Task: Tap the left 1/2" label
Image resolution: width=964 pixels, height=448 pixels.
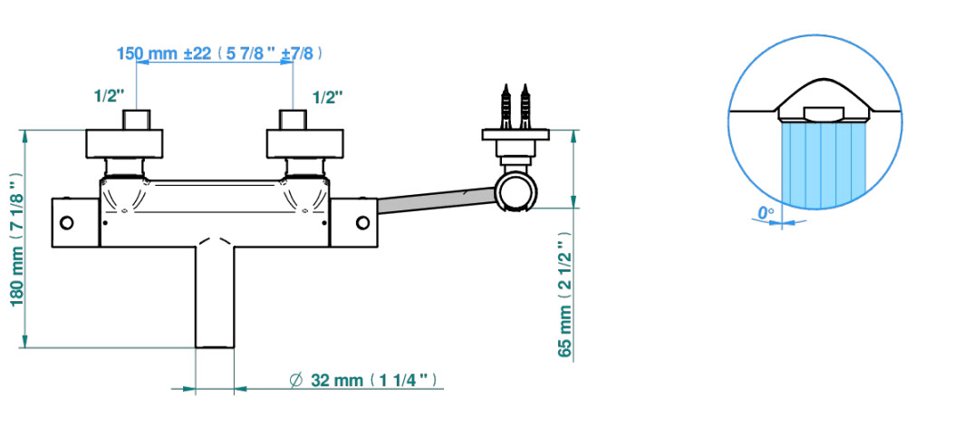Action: click(x=109, y=96)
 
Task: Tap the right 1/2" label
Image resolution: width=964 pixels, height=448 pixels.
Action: click(x=328, y=97)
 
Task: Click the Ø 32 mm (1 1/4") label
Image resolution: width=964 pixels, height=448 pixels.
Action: click(x=365, y=380)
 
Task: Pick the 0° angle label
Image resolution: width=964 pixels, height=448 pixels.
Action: click(x=765, y=213)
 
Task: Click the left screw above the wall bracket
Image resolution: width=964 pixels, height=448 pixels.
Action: click(x=506, y=106)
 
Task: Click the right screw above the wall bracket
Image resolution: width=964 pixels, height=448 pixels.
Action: click(x=525, y=106)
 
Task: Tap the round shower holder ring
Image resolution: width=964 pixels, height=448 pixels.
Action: click(x=516, y=191)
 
